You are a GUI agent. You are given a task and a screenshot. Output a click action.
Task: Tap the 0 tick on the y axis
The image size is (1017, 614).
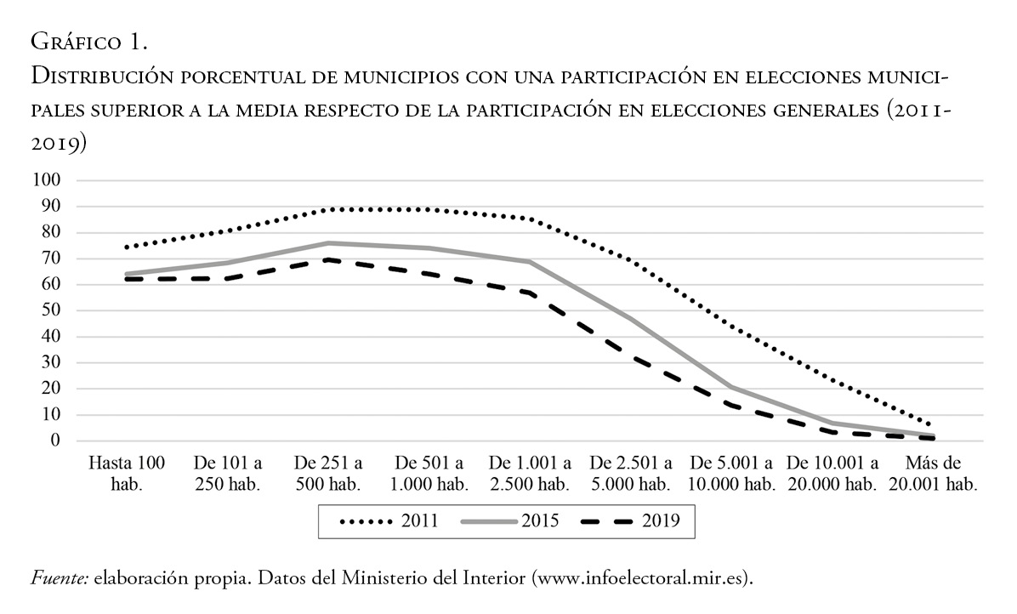[x=57, y=441]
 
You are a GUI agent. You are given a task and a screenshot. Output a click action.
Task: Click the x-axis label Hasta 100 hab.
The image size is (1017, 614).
[x=127, y=474]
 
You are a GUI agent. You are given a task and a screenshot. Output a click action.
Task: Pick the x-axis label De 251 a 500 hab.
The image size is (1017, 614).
[x=328, y=474]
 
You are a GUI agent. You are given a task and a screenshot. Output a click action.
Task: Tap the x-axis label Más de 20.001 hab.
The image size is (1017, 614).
[x=933, y=474]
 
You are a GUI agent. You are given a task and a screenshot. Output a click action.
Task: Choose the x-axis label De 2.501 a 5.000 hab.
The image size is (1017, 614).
[x=631, y=474]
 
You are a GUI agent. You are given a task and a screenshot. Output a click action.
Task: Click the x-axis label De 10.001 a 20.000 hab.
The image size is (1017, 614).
[x=832, y=474]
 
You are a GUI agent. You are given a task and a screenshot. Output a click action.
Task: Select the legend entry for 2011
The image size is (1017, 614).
[x=389, y=520]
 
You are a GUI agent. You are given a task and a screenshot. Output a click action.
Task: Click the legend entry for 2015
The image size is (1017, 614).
[x=511, y=520]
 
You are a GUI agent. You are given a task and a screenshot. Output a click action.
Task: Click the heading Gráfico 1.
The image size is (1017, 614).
[x=88, y=41]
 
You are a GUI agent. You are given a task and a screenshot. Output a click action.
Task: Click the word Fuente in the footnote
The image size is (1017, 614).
[x=60, y=578]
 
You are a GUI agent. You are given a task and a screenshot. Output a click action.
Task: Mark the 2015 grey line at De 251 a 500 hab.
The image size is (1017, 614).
[x=328, y=243]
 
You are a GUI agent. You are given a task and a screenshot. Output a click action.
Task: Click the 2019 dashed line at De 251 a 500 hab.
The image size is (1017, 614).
[x=328, y=259]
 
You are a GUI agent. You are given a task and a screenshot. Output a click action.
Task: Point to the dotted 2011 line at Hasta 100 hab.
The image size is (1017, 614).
[x=127, y=247]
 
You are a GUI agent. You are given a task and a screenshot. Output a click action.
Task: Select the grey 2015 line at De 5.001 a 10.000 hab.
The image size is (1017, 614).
[x=731, y=387]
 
